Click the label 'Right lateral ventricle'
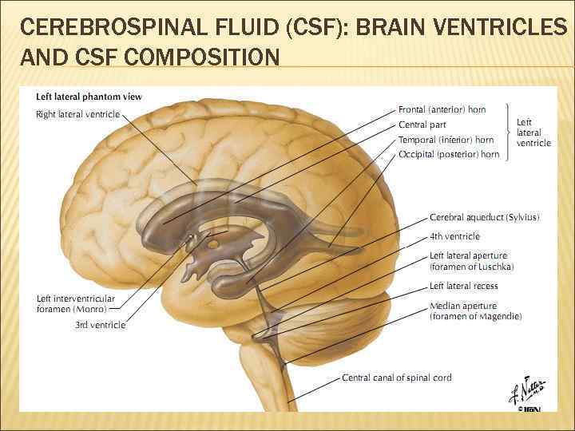[x=77, y=114]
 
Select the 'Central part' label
[x=422, y=125]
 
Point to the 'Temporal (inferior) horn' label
[x=446, y=140]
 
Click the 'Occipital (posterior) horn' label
[x=449, y=154]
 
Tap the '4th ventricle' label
[x=454, y=236]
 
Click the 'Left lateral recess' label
[x=463, y=286]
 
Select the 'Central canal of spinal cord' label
[x=397, y=378]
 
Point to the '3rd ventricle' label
[x=100, y=325]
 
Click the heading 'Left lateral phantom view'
[x=89, y=97]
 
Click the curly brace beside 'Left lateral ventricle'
[x=509, y=132]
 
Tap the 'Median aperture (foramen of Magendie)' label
[x=475, y=311]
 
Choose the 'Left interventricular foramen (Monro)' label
[x=75, y=303]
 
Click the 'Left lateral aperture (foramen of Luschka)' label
[x=471, y=261]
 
